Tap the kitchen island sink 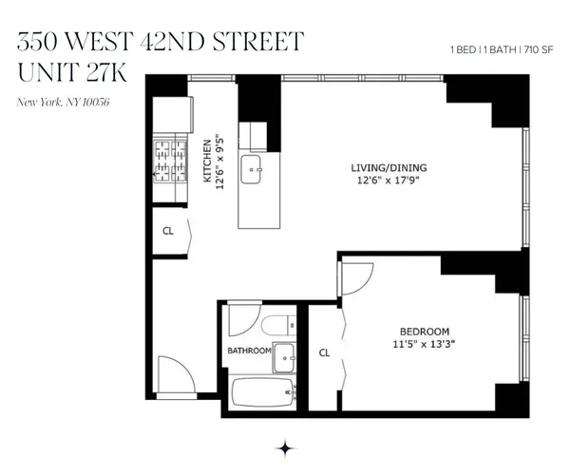(253, 172)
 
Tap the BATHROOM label (248, 351)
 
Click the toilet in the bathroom (275, 324)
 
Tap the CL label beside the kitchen (167, 229)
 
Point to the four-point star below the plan (284, 447)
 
